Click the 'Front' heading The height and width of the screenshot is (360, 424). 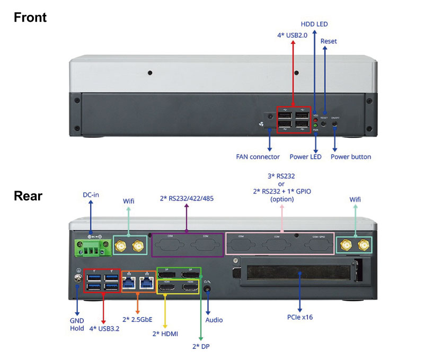click(30, 17)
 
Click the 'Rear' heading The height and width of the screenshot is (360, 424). click(28, 196)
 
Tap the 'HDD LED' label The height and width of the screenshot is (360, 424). click(314, 24)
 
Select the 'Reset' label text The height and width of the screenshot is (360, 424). click(329, 41)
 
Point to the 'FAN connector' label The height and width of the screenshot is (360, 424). click(258, 157)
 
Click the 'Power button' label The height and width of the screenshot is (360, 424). click(351, 157)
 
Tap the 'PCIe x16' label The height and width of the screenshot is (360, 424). click(301, 318)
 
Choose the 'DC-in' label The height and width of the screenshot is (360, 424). click(91, 194)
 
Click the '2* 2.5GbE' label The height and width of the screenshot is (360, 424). click(137, 319)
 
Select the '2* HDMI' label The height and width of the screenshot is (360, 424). click(165, 334)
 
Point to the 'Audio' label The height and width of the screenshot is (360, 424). click(214, 320)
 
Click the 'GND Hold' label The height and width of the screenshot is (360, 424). click(77, 324)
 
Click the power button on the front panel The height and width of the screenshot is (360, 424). click(334, 125)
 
